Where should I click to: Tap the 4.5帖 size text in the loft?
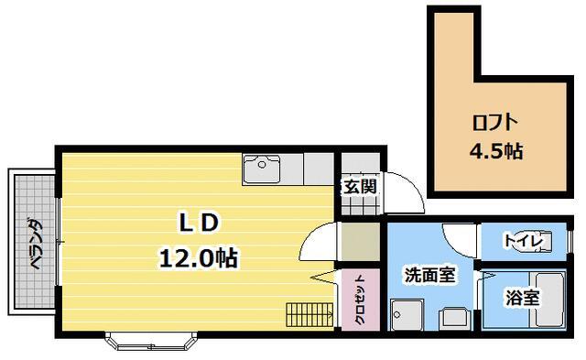click(495, 151)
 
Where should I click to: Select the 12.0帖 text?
click(198, 258)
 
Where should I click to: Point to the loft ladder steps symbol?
click(307, 314)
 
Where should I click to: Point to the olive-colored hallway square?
click(359, 240)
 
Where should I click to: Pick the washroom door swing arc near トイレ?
click(458, 240)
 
